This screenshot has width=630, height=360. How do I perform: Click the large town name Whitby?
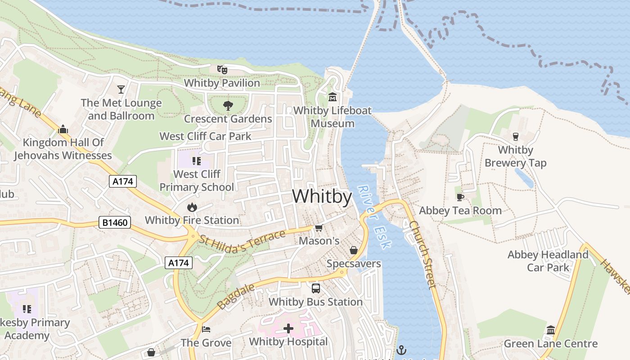(322, 197)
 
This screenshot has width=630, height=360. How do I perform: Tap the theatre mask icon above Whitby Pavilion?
(222, 69)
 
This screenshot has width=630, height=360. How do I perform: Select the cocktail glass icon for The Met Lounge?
(121, 89)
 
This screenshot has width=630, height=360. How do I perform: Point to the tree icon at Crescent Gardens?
(228, 106)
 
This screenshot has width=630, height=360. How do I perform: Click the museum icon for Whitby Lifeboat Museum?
(333, 97)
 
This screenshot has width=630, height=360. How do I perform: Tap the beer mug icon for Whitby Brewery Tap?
(516, 136)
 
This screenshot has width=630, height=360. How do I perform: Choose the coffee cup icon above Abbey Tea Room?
(460, 197)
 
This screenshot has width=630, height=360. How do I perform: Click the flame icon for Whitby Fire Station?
(192, 207)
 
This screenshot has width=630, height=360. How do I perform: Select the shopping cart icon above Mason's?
(319, 228)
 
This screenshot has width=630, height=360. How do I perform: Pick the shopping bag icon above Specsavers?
(354, 250)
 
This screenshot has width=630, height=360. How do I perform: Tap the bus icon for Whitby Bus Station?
(316, 288)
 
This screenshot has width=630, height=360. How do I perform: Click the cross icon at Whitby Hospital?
(288, 329)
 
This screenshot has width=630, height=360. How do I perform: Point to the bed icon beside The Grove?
(206, 329)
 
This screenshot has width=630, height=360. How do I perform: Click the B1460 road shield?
(115, 222)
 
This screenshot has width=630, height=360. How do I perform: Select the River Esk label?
(375, 217)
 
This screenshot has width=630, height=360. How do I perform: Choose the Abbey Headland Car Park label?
(548, 261)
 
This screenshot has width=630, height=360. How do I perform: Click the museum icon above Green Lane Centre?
(550, 331)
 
